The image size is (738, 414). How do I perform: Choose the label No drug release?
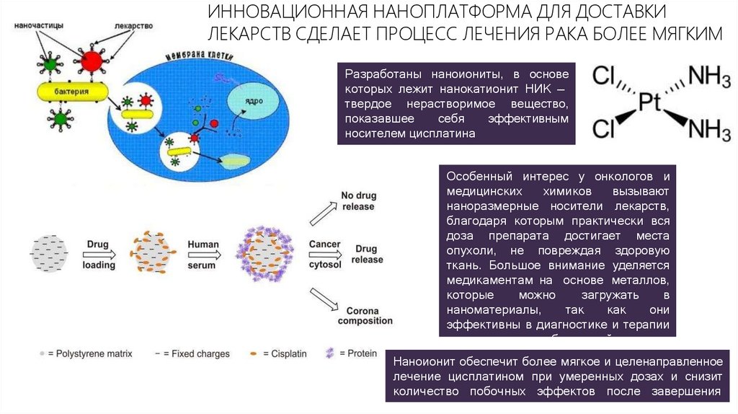357,201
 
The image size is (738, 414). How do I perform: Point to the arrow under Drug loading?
100,255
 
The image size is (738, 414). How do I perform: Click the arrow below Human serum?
203,255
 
